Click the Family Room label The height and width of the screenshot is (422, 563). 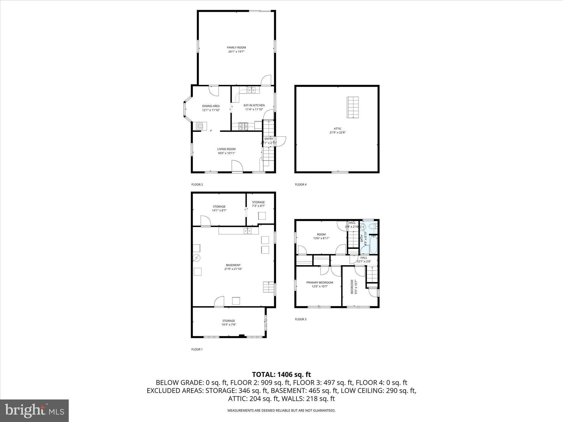point(236,48)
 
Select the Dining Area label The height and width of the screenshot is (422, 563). point(211,106)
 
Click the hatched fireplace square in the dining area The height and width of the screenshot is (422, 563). point(200,126)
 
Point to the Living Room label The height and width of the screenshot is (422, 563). point(226,149)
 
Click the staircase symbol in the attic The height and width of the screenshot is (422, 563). point(353,107)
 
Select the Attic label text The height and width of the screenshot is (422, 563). point(338,129)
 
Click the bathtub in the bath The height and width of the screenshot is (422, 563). point(373,245)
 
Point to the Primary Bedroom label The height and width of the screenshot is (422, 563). point(320,282)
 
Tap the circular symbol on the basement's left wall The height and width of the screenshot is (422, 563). point(197,258)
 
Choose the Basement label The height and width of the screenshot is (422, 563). point(233,265)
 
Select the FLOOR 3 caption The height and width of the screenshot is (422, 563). point(300,319)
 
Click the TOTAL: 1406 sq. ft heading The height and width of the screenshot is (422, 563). point(281,374)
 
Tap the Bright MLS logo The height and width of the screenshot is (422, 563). point(34,410)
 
